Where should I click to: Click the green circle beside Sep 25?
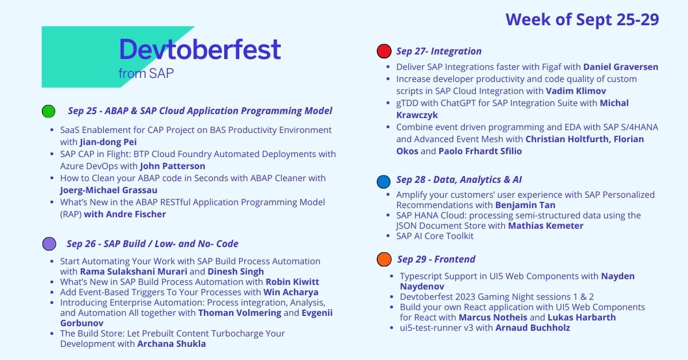click(x=49, y=111)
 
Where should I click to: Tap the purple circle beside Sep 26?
click(x=49, y=244)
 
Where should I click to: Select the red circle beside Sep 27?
click(x=384, y=52)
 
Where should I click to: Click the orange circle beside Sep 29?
click(x=384, y=259)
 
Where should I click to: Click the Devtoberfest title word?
click(x=200, y=50)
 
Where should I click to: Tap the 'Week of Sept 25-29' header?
click(x=582, y=19)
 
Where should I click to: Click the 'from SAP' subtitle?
click(x=146, y=73)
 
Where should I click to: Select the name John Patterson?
click(x=173, y=166)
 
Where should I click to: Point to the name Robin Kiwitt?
click(x=292, y=282)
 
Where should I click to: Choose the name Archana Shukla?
click(x=171, y=344)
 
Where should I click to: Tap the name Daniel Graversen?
click(x=620, y=67)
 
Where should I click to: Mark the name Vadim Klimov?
click(x=581, y=91)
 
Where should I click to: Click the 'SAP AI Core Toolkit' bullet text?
click(x=435, y=236)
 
